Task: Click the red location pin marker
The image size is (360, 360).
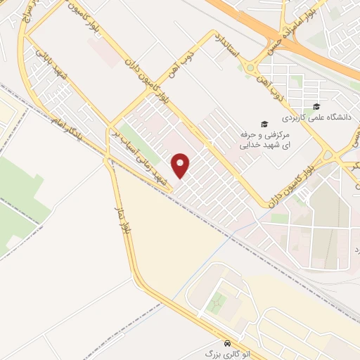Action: click(x=181, y=165)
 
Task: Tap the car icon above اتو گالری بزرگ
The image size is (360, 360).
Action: click(x=226, y=343)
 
